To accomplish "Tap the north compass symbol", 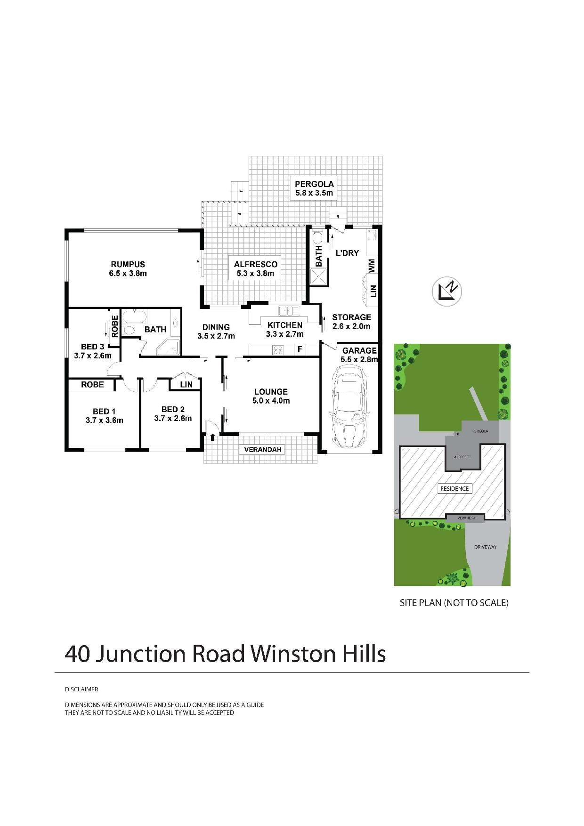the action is point(447,292).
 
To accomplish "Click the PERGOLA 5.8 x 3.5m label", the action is point(314,188).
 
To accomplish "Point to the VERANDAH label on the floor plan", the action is point(263,450).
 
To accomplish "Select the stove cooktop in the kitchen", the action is point(277,349).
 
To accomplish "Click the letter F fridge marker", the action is point(299,349).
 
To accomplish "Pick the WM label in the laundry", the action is point(372,265).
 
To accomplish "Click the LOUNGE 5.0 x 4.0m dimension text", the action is point(271,401).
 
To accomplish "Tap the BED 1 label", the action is point(104,411).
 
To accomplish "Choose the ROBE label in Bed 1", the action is point(92,384).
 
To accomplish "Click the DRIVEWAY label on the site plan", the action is point(485,547).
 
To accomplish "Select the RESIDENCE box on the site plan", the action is point(454,488).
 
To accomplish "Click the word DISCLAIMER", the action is point(81,689).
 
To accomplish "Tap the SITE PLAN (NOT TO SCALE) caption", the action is point(454,602).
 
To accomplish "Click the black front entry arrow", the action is point(212,437).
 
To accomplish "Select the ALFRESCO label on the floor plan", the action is point(256,264).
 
